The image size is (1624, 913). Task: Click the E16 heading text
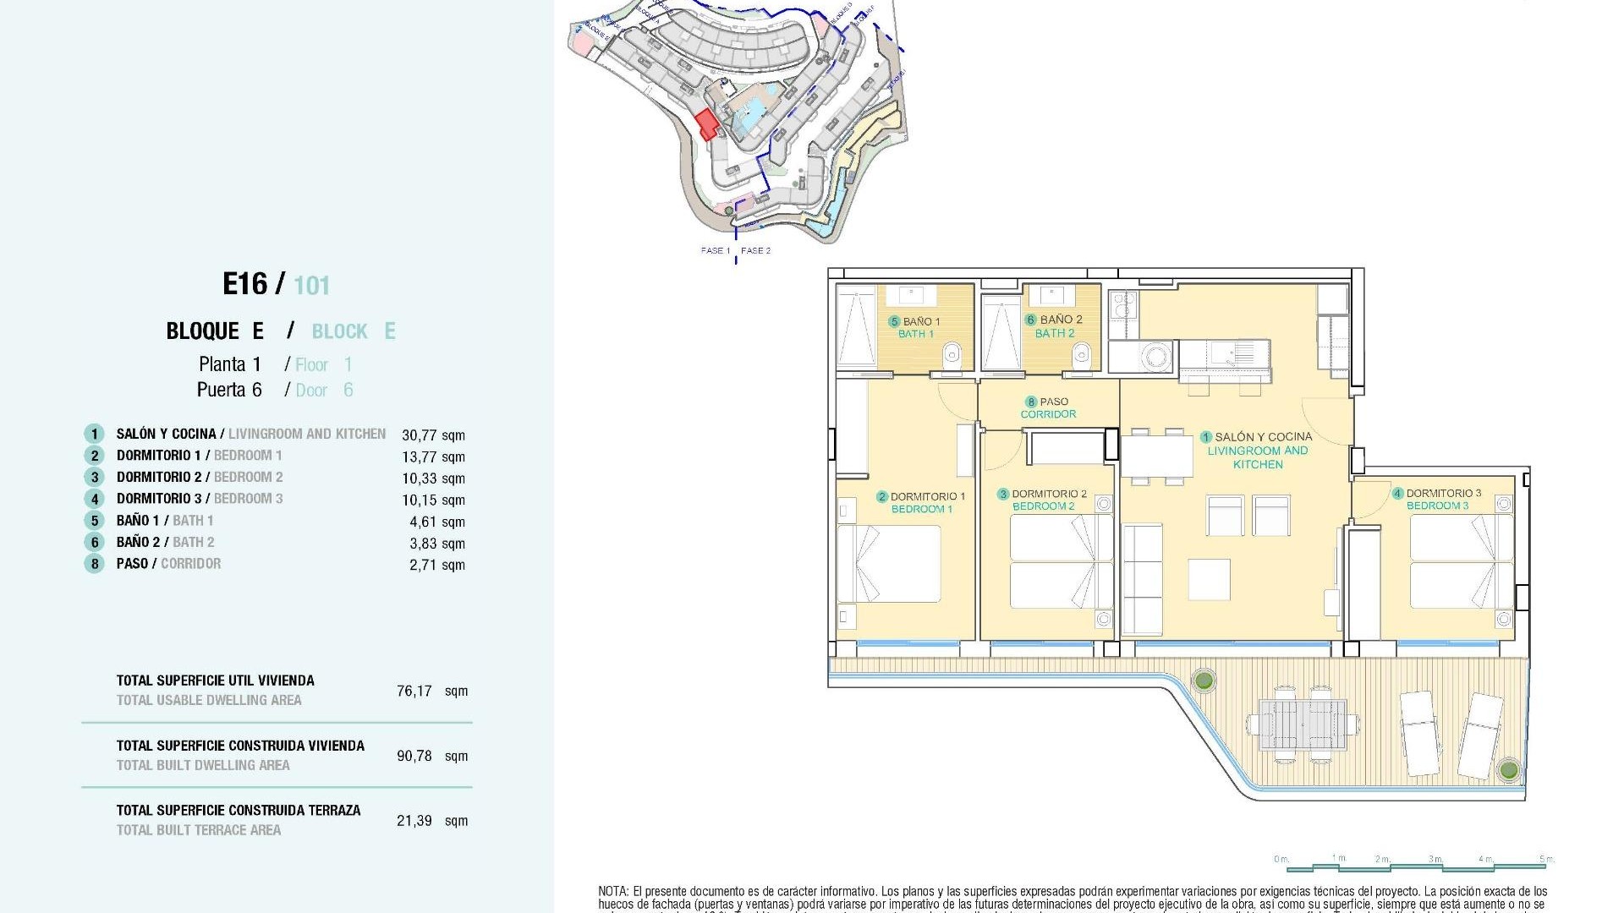tap(245, 284)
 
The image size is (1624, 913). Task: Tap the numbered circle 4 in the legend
tap(94, 500)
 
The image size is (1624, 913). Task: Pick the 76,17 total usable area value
tap(414, 691)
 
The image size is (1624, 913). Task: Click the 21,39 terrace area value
tap(414, 821)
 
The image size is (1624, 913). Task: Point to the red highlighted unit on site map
tap(707, 125)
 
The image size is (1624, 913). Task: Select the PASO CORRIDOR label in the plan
tap(1049, 407)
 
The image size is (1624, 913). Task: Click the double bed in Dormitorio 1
tap(890, 563)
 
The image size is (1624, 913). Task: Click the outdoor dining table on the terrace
tap(1303, 725)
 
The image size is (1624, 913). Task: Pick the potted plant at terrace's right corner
tap(1507, 769)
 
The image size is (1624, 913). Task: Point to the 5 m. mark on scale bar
tap(1546, 859)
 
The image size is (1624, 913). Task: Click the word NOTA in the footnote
tap(612, 891)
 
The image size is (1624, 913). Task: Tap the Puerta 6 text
tap(229, 390)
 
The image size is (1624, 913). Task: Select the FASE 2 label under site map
tap(755, 250)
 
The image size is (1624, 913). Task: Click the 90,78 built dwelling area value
tap(414, 756)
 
